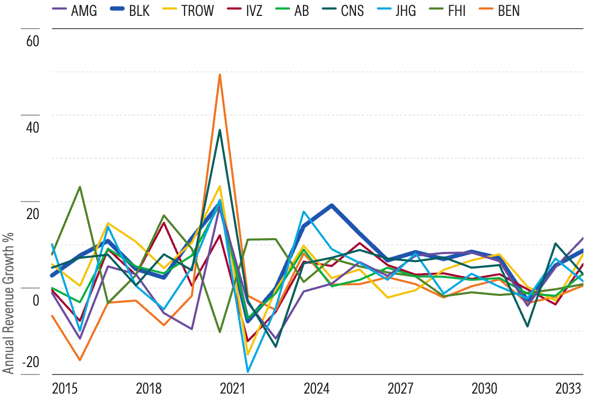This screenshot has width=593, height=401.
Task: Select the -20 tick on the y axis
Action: coord(30,362)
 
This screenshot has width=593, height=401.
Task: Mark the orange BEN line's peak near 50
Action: coord(220,75)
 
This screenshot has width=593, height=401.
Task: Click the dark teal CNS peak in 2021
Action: coord(220,130)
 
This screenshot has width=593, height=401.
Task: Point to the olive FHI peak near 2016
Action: coord(80,187)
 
